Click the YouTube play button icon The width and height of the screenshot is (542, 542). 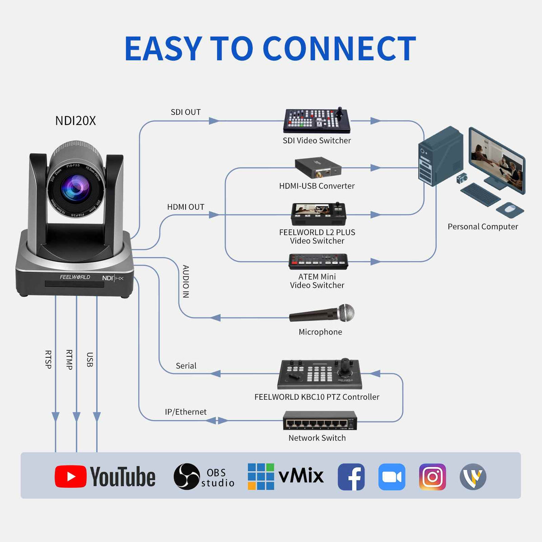click(70, 477)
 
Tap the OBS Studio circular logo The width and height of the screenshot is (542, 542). click(187, 477)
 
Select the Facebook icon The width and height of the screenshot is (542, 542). click(351, 477)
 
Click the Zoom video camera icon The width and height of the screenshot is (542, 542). click(392, 477)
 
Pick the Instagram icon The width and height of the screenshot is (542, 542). click(432, 477)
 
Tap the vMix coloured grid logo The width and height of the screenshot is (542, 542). click(261, 477)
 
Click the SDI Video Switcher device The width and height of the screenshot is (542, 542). click(317, 121)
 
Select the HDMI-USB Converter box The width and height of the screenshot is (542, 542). click(318, 168)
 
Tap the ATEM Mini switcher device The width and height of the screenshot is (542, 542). click(318, 262)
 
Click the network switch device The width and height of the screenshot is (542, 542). click(320, 421)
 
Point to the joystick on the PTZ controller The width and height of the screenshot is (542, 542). click(346, 365)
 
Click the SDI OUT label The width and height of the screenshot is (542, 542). click(186, 112)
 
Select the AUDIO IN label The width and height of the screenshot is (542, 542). click(186, 281)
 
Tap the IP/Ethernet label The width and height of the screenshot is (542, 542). click(186, 412)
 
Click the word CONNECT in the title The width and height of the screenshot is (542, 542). click(339, 49)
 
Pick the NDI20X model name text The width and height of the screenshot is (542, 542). click(75, 121)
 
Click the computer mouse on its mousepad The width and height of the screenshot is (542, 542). click(509, 209)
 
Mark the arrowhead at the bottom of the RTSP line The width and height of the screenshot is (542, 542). click(56, 416)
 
